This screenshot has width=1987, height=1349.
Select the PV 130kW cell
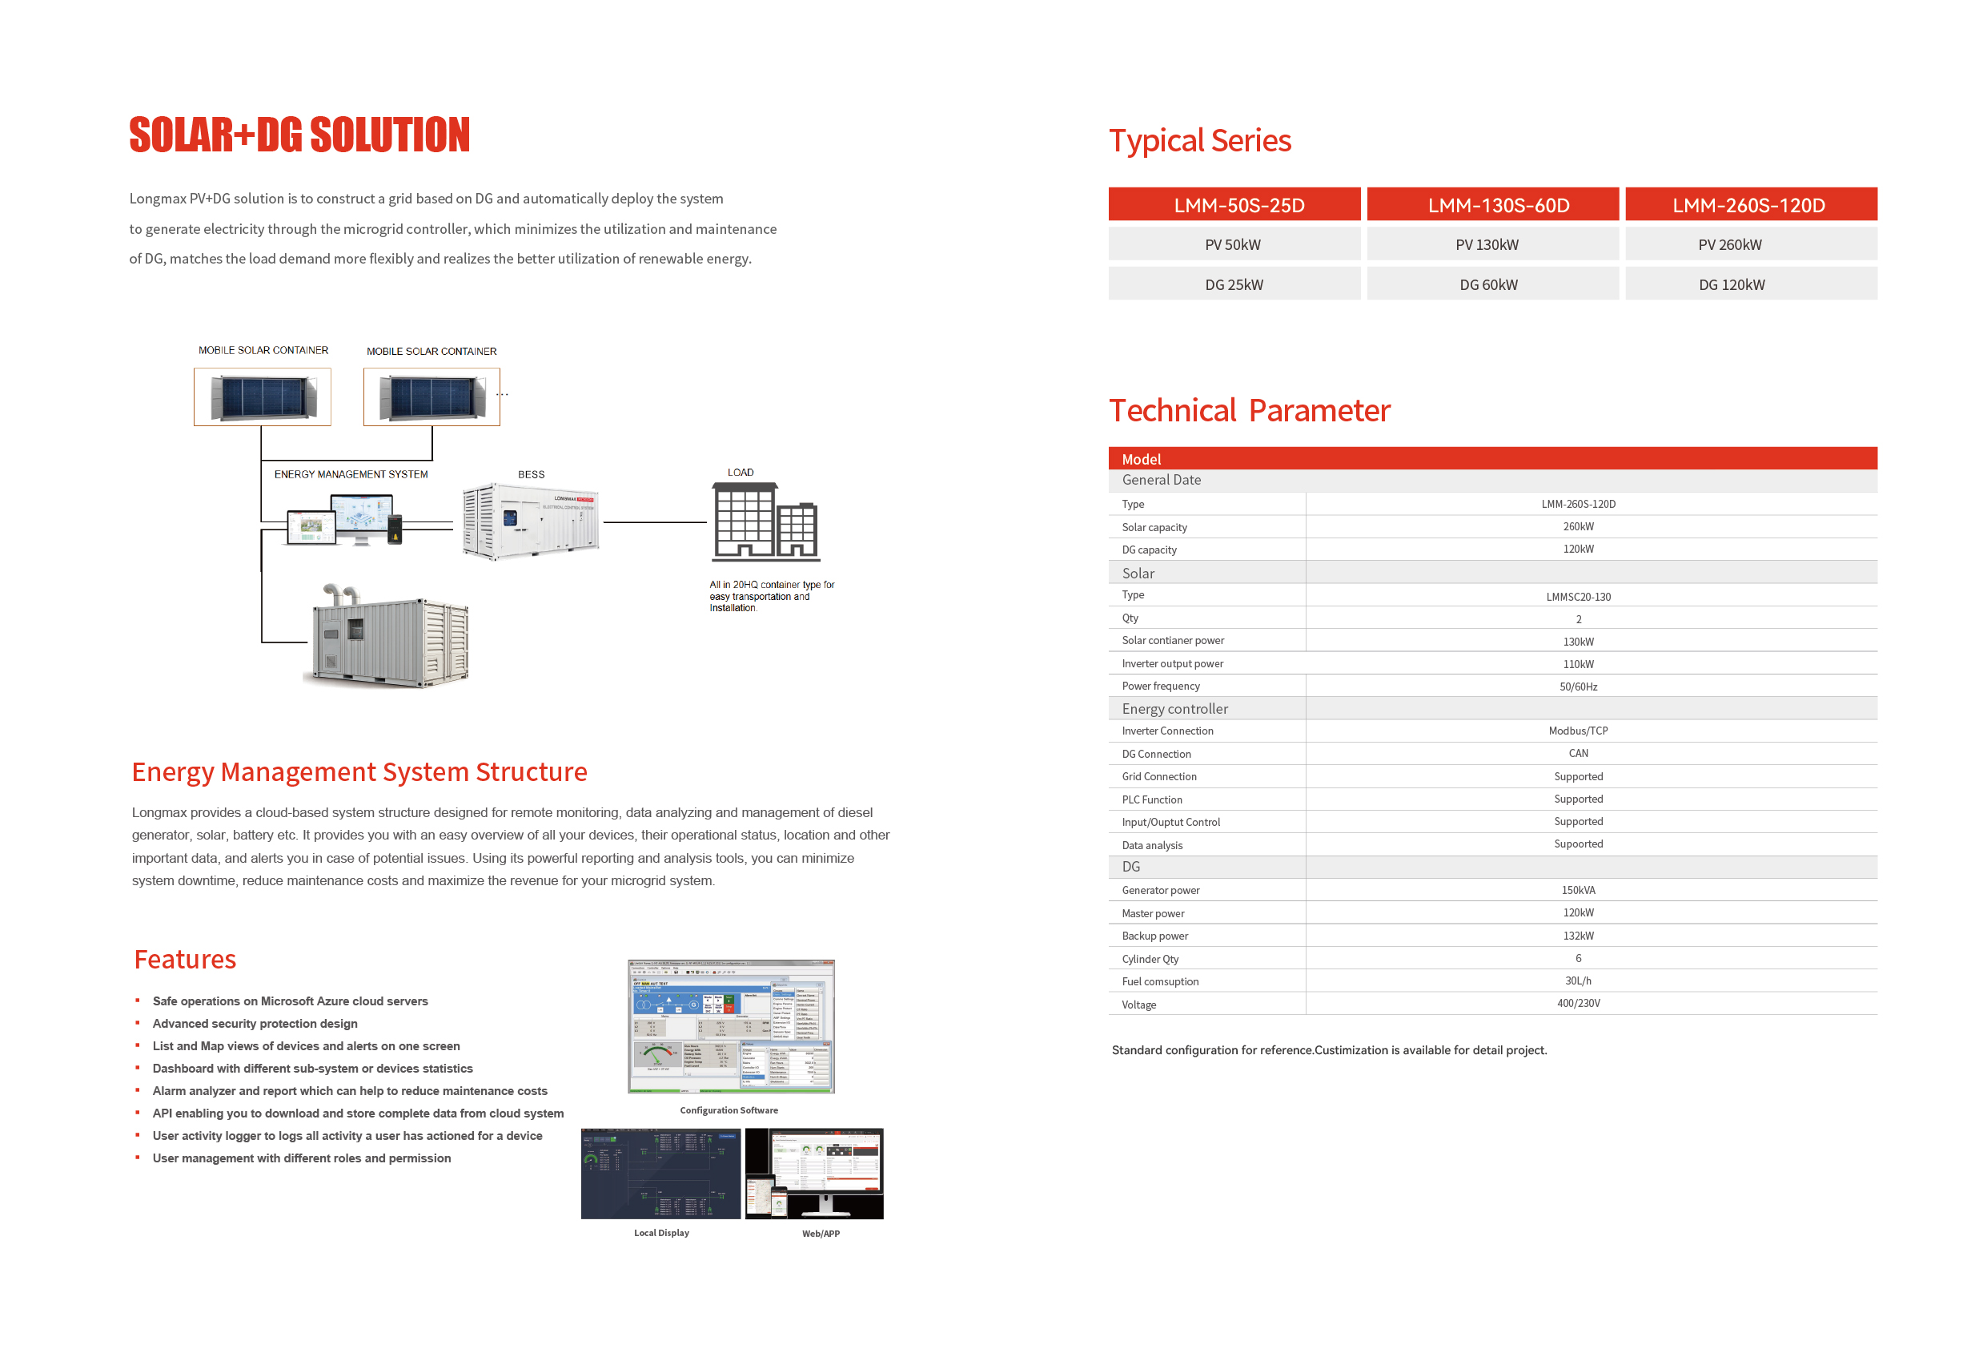1492,244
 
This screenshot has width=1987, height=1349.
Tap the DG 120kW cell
1750,285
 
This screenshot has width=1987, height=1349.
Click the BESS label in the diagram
531,475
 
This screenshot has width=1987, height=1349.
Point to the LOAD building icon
765,521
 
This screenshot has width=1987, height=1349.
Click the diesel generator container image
390,638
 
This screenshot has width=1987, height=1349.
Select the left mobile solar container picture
263,397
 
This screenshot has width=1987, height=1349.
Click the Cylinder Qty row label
1150,960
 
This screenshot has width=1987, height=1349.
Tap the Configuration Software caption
729,1110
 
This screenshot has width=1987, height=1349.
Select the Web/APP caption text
820,1234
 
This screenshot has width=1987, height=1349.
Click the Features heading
185,960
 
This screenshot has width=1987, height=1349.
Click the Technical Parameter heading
1249,412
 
